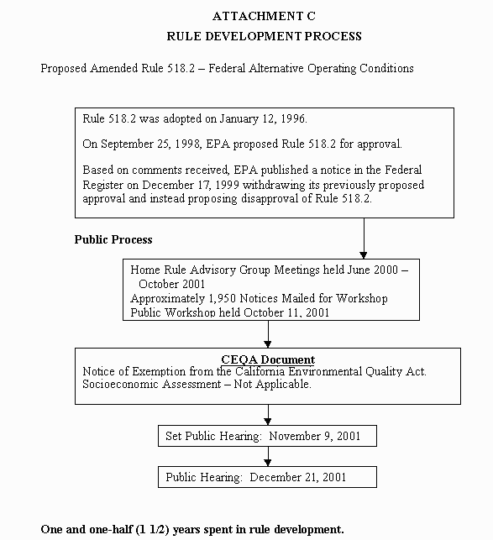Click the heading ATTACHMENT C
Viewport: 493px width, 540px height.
coord(264,17)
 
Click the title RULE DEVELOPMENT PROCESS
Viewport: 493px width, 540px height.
coord(264,36)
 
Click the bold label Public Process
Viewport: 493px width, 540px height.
coord(113,240)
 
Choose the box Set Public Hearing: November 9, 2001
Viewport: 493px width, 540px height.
coord(267,436)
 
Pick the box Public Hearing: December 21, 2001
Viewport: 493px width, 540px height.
coord(267,478)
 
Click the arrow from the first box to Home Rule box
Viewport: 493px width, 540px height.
coord(364,239)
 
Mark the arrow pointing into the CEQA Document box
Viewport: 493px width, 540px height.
coord(268,334)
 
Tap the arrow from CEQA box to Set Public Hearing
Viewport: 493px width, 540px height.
coord(268,414)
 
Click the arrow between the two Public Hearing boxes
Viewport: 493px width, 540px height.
coord(268,456)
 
